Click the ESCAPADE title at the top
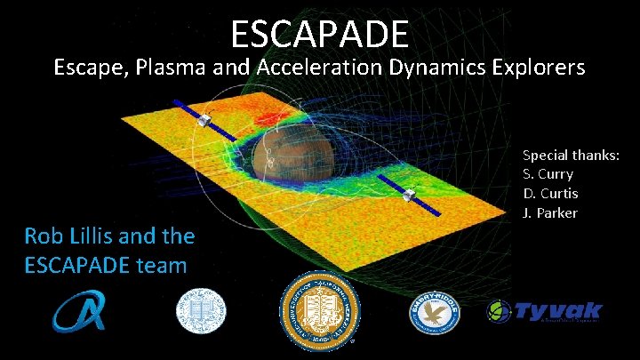pos(320,34)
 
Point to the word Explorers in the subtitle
pos(539,67)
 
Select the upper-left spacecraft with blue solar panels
pos(205,121)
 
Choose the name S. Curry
pos(548,174)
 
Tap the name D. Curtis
pos(550,193)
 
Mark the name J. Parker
pos(549,212)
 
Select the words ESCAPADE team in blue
pos(106,264)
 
